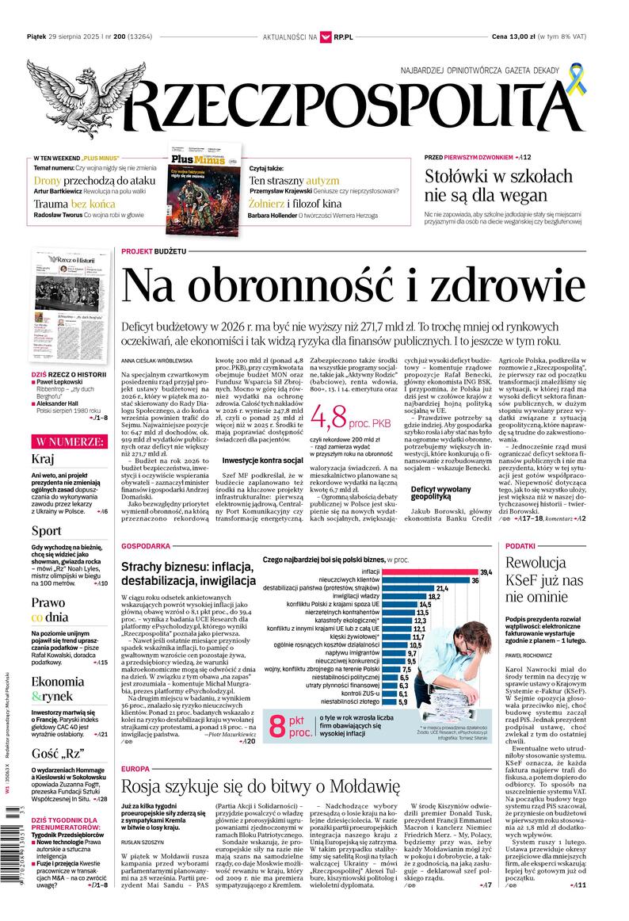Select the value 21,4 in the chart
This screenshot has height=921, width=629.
coord(441,589)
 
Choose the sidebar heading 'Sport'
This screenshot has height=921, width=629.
coord(46,530)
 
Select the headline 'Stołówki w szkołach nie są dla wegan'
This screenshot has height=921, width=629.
coord(497,185)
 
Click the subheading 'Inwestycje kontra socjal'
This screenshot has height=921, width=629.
coord(262,460)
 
